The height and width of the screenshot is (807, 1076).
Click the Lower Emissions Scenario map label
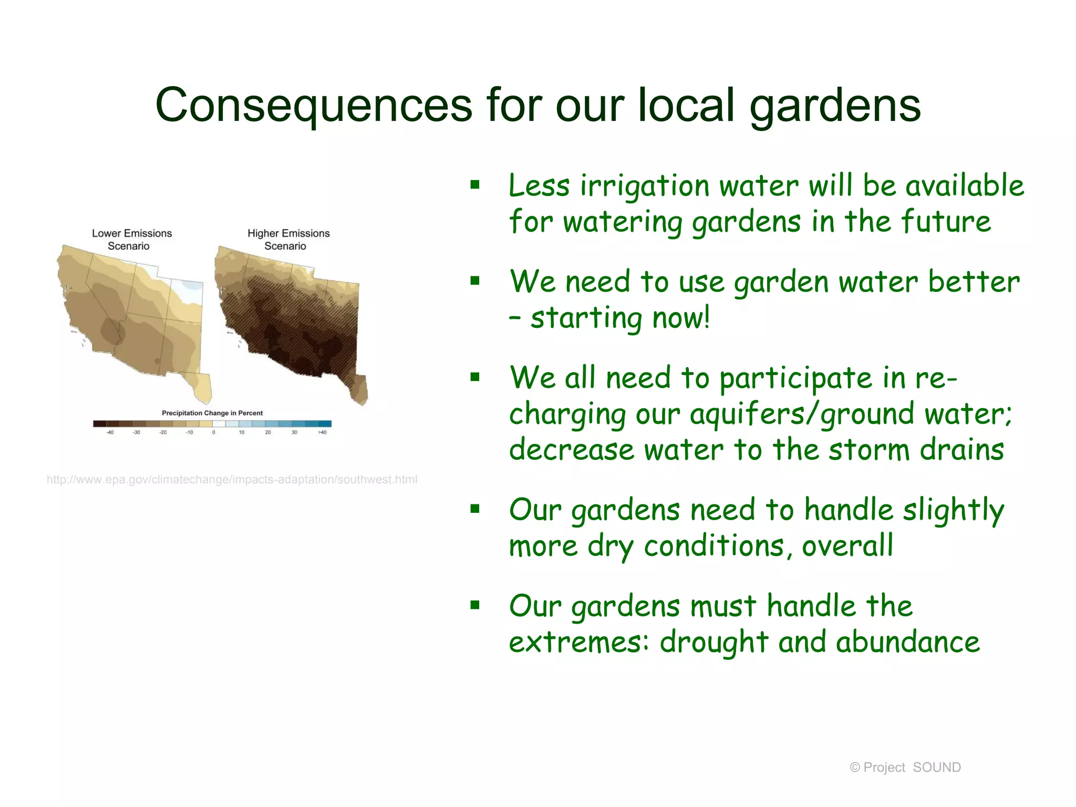pos(131,240)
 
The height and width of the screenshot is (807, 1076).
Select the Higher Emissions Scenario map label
pos(288,240)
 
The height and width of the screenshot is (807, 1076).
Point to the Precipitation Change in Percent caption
pos(212,413)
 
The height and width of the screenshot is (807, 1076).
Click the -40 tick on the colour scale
pos(110,432)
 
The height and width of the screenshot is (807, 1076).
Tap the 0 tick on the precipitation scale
pos(213,432)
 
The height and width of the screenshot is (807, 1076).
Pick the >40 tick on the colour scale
pos(322,432)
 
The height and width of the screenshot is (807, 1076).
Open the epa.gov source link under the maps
pos(232,480)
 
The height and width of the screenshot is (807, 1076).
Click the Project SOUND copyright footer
pos(905,768)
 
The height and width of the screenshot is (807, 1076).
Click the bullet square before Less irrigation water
pos(475,184)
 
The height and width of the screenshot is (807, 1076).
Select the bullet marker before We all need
pos(475,377)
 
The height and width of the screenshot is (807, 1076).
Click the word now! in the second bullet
pos(681,318)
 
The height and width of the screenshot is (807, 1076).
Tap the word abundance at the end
pos(907,642)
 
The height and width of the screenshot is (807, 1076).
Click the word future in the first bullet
pos(946,222)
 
